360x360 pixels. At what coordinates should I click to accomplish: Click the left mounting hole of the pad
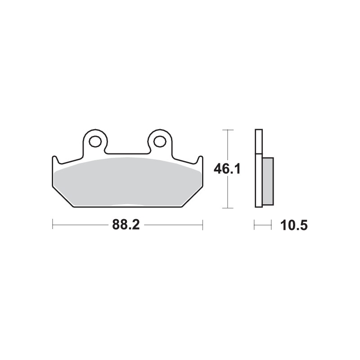(95, 142)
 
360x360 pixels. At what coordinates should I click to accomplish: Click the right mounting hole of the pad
(159, 142)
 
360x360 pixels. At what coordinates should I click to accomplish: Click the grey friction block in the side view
(267, 180)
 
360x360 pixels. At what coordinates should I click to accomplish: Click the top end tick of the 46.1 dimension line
(228, 130)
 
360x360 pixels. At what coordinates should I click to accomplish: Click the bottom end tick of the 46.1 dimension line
(228, 208)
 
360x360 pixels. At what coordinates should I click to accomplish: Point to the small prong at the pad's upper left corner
(55, 159)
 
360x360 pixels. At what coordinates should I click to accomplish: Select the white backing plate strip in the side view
(258, 169)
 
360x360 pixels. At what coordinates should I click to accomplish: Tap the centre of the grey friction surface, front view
(128, 182)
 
